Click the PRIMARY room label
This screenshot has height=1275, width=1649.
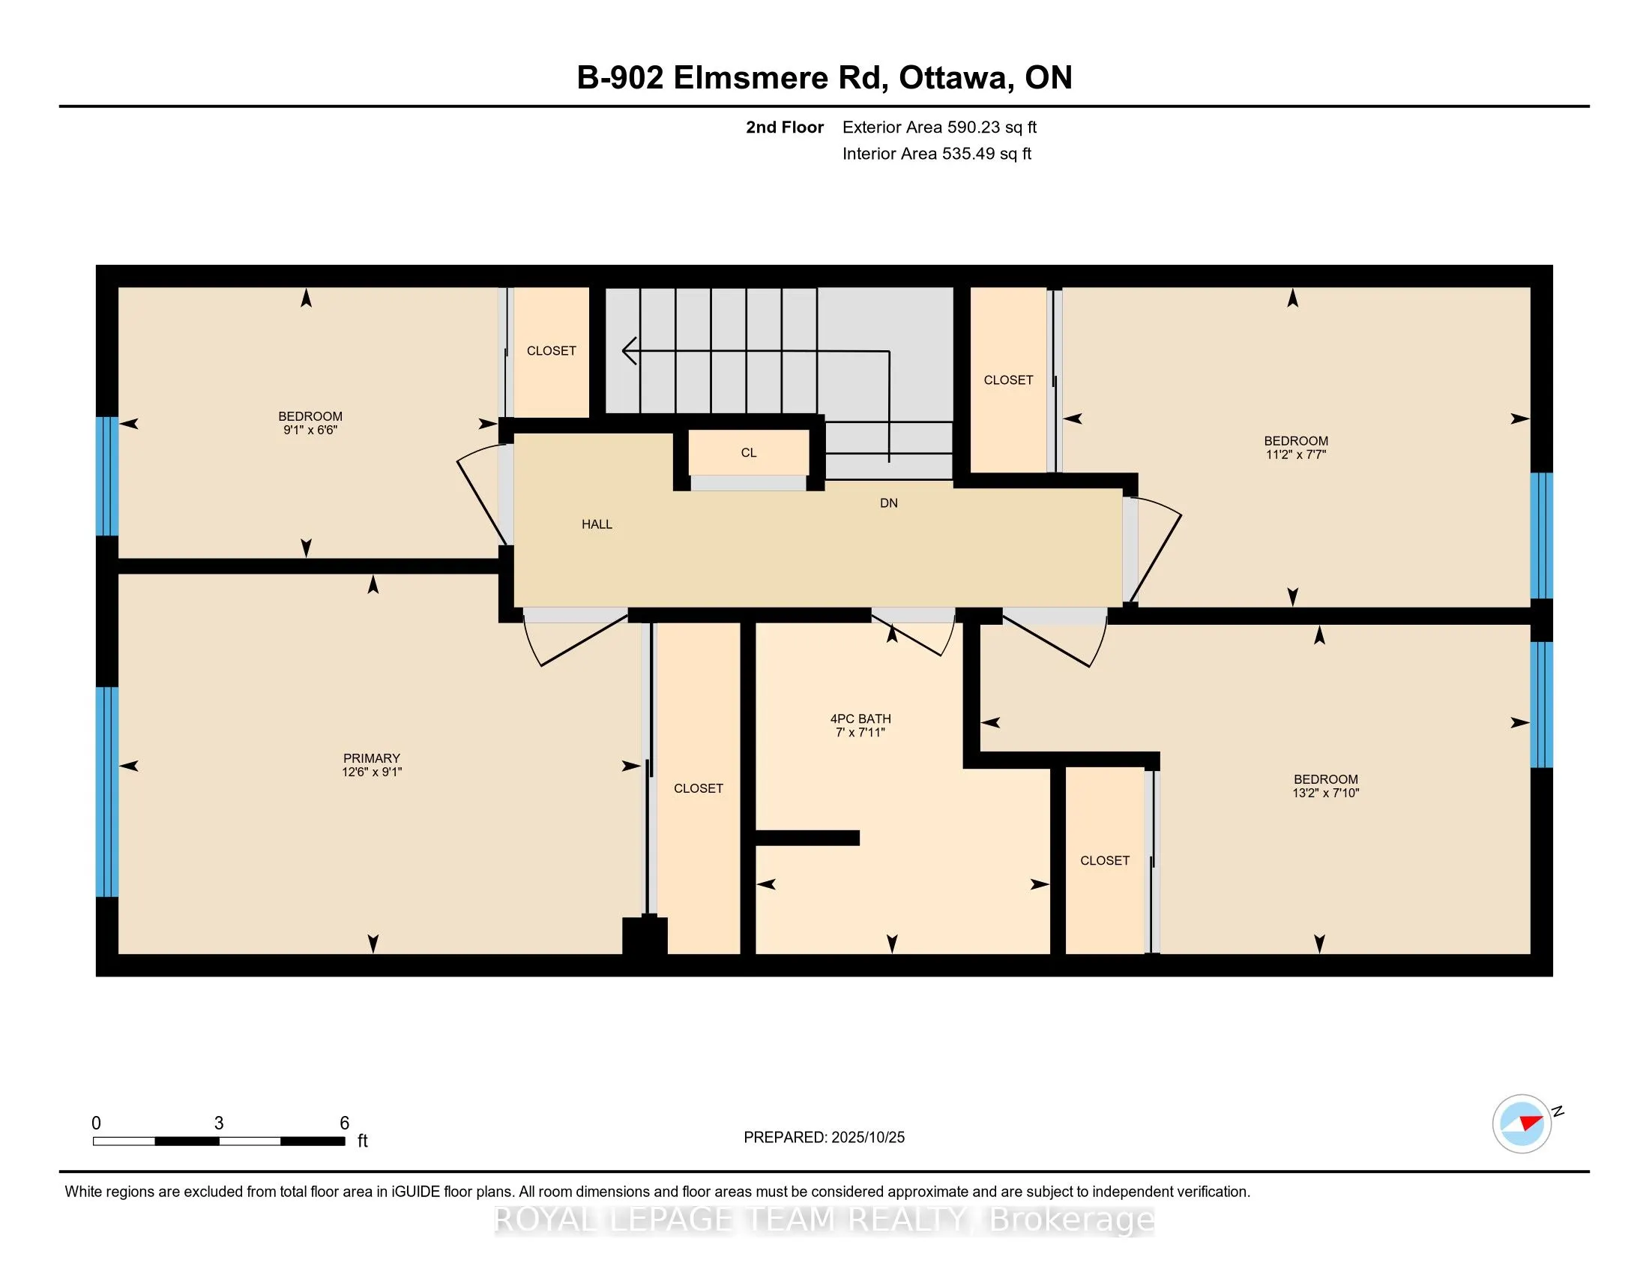(371, 757)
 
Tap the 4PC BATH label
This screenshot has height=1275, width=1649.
(860, 718)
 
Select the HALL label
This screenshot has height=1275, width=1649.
(597, 524)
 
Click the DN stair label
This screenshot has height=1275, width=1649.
(889, 503)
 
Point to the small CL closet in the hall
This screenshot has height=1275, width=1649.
(748, 452)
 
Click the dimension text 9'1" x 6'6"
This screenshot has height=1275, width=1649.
(310, 430)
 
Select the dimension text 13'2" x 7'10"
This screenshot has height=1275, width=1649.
(1325, 793)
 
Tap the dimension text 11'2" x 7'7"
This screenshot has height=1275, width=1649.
(1296, 454)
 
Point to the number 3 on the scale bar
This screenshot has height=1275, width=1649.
(219, 1123)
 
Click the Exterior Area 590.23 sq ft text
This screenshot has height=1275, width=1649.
(939, 127)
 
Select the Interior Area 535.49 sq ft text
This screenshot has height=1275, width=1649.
(936, 154)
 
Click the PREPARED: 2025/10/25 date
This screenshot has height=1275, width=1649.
(824, 1138)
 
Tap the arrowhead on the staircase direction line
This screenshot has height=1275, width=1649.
(628, 350)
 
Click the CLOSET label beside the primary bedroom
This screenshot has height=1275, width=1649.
(699, 788)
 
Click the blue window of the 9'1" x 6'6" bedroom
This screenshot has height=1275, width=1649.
(107, 475)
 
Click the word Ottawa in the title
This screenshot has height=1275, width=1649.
(953, 78)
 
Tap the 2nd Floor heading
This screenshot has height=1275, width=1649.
(784, 127)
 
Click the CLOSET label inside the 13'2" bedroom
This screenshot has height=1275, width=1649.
(1105, 860)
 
